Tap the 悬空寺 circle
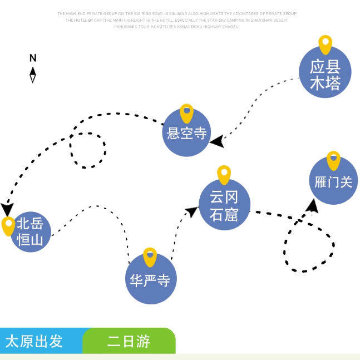[187, 133]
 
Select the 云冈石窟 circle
[224, 204]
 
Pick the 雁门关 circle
[333, 181]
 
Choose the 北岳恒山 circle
[31, 232]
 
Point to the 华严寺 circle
[150, 279]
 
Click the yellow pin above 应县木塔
[326, 44]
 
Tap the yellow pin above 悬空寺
[186, 112]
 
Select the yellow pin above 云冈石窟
[224, 174]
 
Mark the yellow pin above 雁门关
[333, 160]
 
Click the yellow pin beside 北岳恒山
[8, 225]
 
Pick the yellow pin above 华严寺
[150, 257]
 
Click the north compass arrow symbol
[33, 75]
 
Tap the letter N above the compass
[33, 58]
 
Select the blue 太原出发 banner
[42, 341]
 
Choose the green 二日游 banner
[129, 341]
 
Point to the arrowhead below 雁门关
[313, 206]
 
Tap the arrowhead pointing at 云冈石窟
[192, 211]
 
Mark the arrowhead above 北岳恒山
[7, 209]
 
